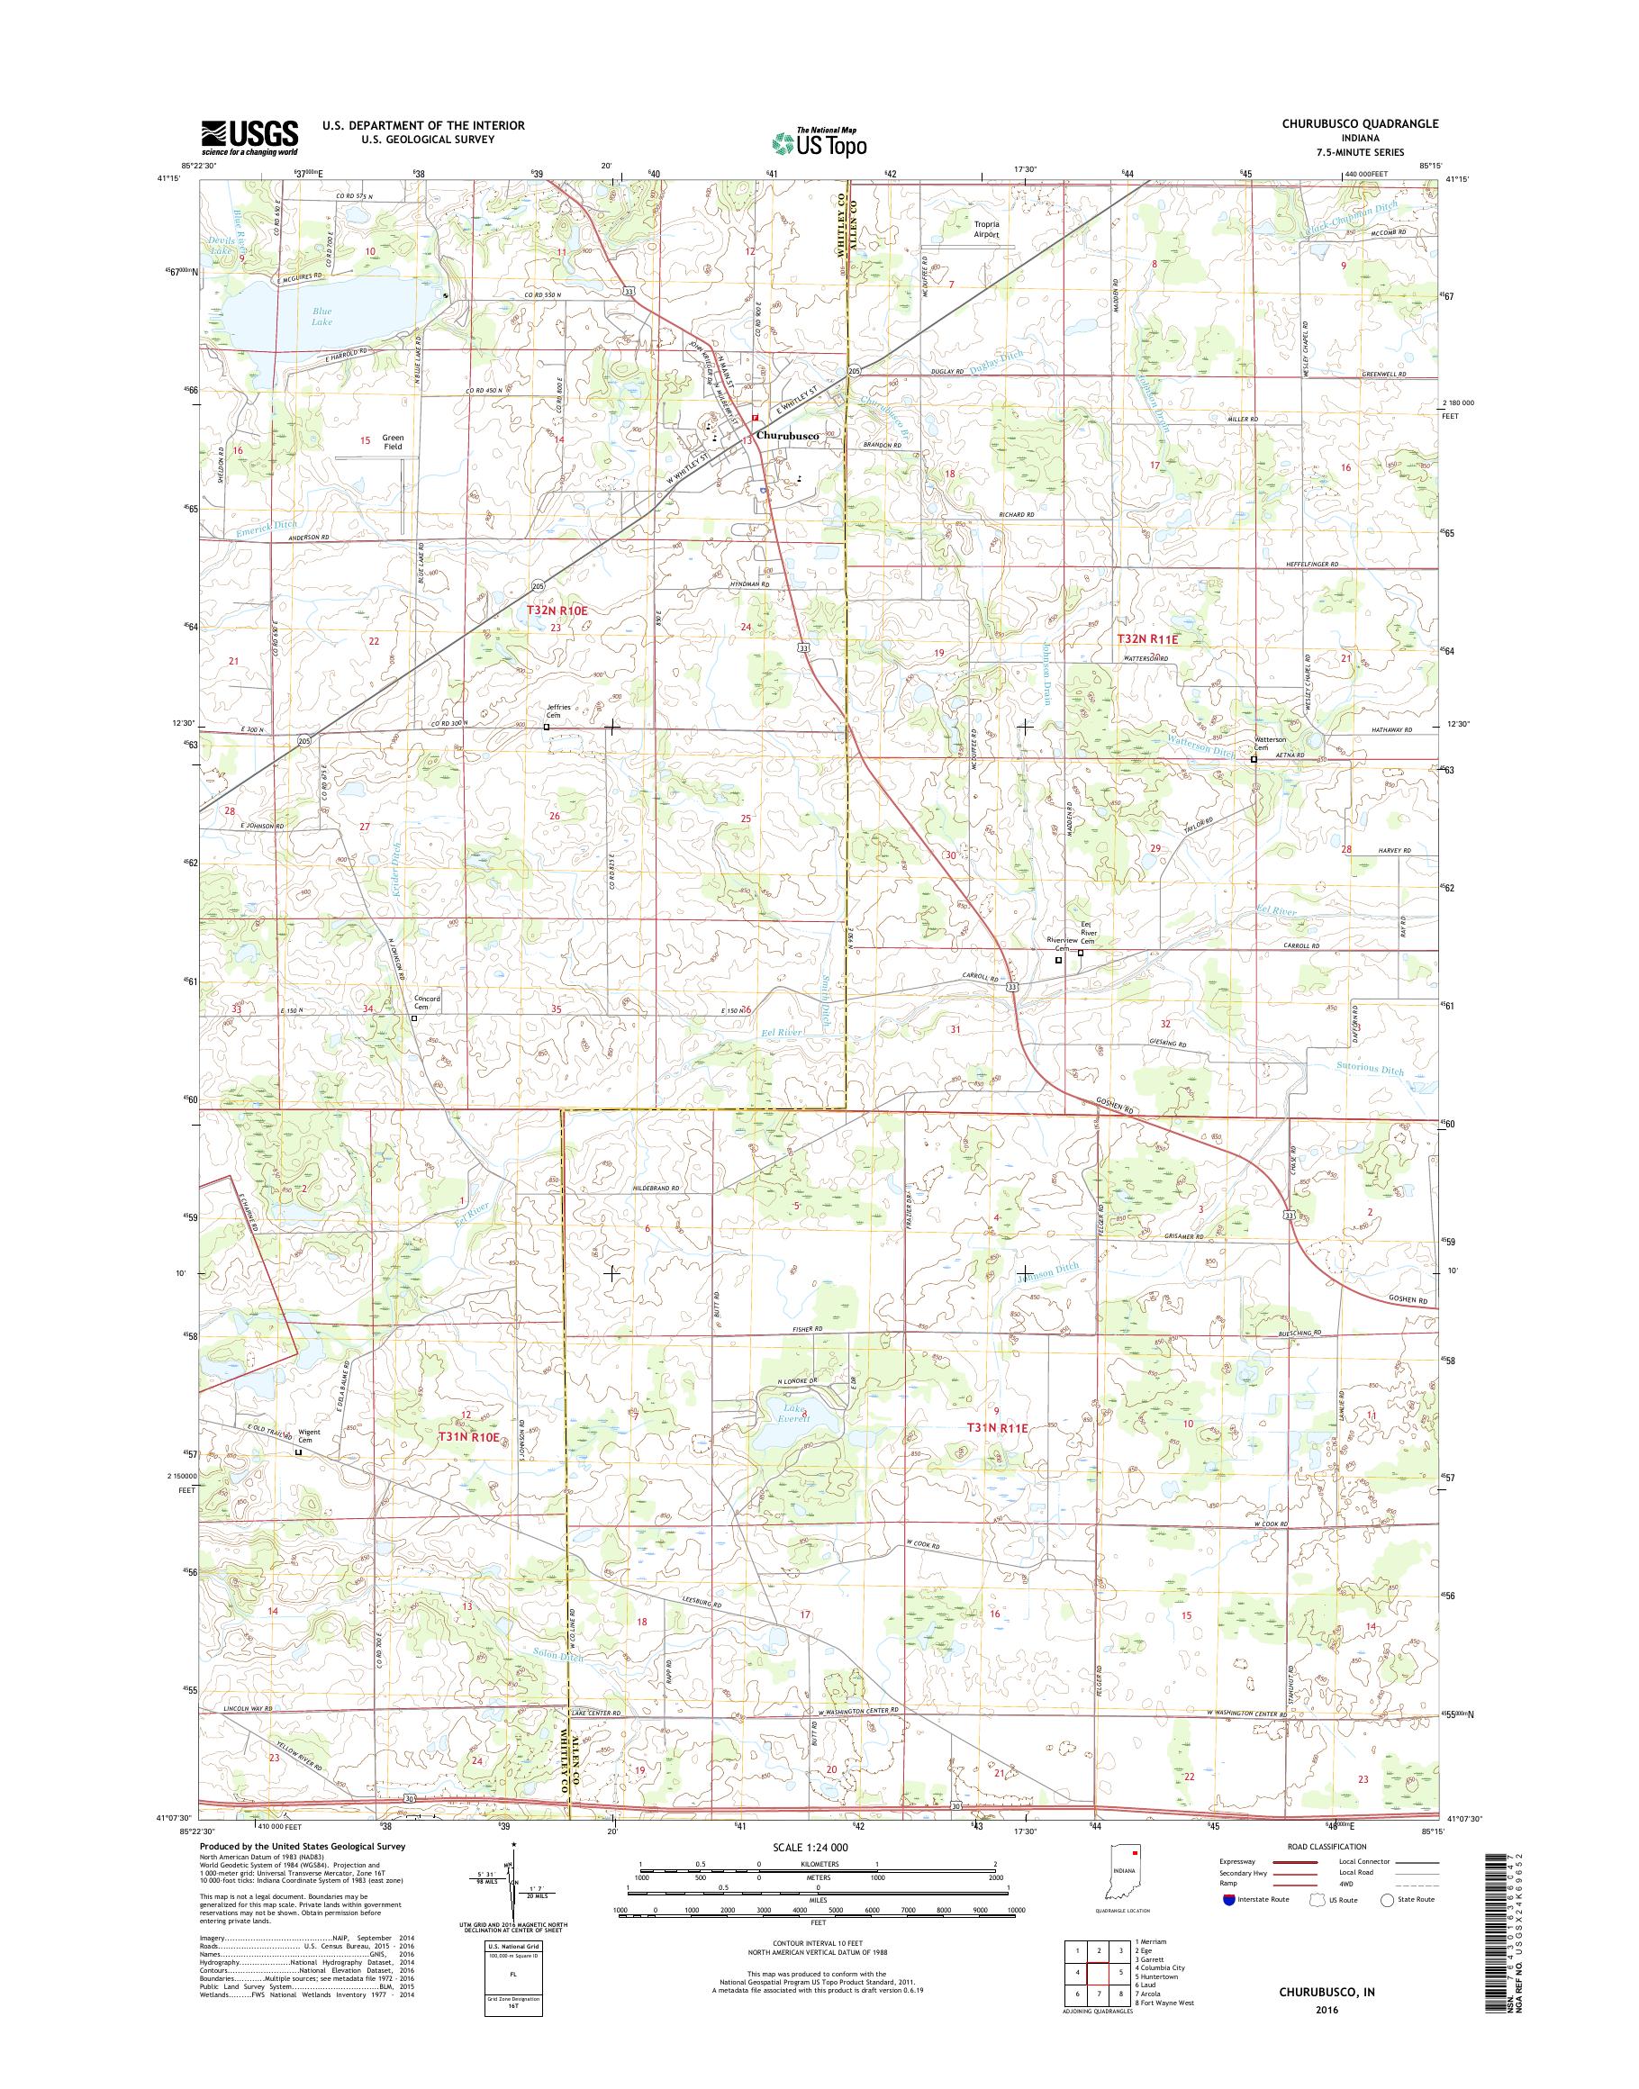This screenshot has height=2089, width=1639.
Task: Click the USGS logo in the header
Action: click(x=249, y=137)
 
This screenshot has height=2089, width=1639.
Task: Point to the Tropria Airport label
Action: click(x=985, y=230)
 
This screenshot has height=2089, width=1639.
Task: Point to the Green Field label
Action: click(x=394, y=442)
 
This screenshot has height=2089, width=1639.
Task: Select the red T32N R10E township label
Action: click(x=556, y=610)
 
